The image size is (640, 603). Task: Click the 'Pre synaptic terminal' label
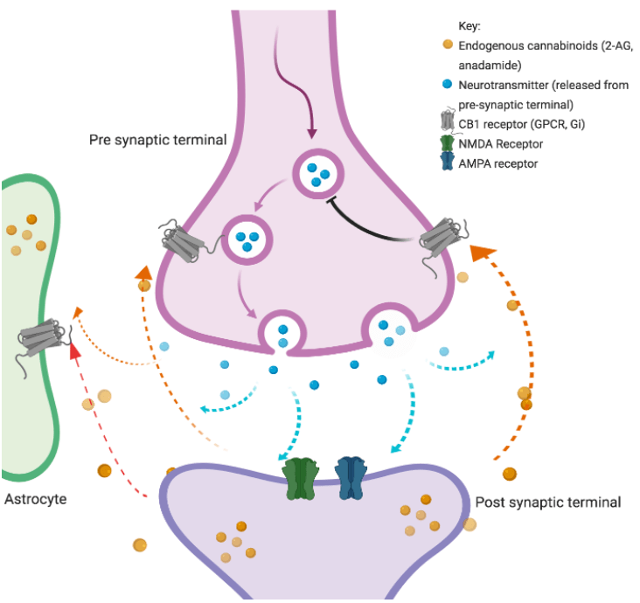[x=157, y=140]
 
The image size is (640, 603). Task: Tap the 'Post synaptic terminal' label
[x=547, y=502]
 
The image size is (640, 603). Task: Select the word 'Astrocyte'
[x=36, y=500]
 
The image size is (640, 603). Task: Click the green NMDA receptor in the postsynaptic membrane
[x=301, y=478]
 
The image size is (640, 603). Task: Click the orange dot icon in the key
[x=448, y=44]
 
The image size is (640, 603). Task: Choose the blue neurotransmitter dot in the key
[x=448, y=84]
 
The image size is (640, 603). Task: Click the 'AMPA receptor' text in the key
[x=498, y=163]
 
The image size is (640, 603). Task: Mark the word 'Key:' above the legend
[x=470, y=26]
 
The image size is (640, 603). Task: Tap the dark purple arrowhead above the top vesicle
[x=312, y=133]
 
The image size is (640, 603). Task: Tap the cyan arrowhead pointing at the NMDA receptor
[x=282, y=454]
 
